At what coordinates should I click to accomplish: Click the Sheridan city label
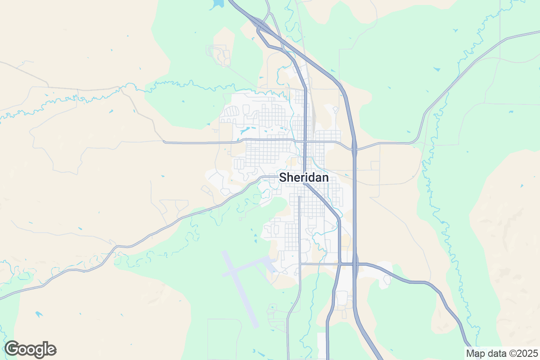click(304, 177)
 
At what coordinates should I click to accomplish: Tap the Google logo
click(31, 349)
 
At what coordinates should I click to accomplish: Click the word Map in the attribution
click(475, 353)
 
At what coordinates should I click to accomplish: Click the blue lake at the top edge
click(217, 3)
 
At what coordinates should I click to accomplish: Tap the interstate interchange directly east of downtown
click(354, 147)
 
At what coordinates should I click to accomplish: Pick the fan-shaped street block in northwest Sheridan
click(232, 112)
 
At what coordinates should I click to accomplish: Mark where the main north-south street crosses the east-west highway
click(305, 141)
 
